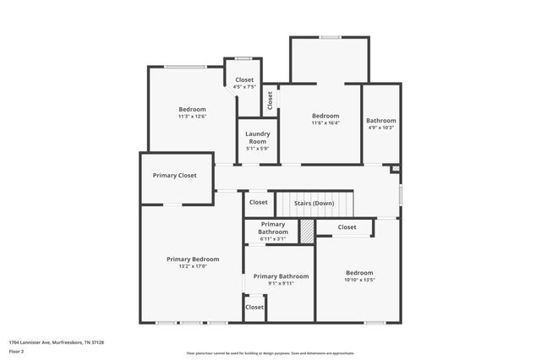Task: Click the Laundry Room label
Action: (x=257, y=137)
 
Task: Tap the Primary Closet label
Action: (x=175, y=176)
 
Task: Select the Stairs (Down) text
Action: (x=314, y=203)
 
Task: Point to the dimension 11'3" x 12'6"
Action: (x=192, y=117)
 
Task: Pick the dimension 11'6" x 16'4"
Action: (x=325, y=123)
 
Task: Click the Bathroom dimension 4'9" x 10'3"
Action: (x=380, y=128)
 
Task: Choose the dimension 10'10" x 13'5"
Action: (x=359, y=281)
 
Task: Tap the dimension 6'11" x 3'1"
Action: (x=273, y=239)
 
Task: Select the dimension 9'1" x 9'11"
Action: (x=281, y=284)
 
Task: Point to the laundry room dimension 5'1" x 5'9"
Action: (x=257, y=149)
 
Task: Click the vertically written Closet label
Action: (x=270, y=100)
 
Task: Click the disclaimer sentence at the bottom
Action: (x=270, y=353)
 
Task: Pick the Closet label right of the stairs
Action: (x=347, y=226)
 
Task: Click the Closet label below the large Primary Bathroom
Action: (x=254, y=307)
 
